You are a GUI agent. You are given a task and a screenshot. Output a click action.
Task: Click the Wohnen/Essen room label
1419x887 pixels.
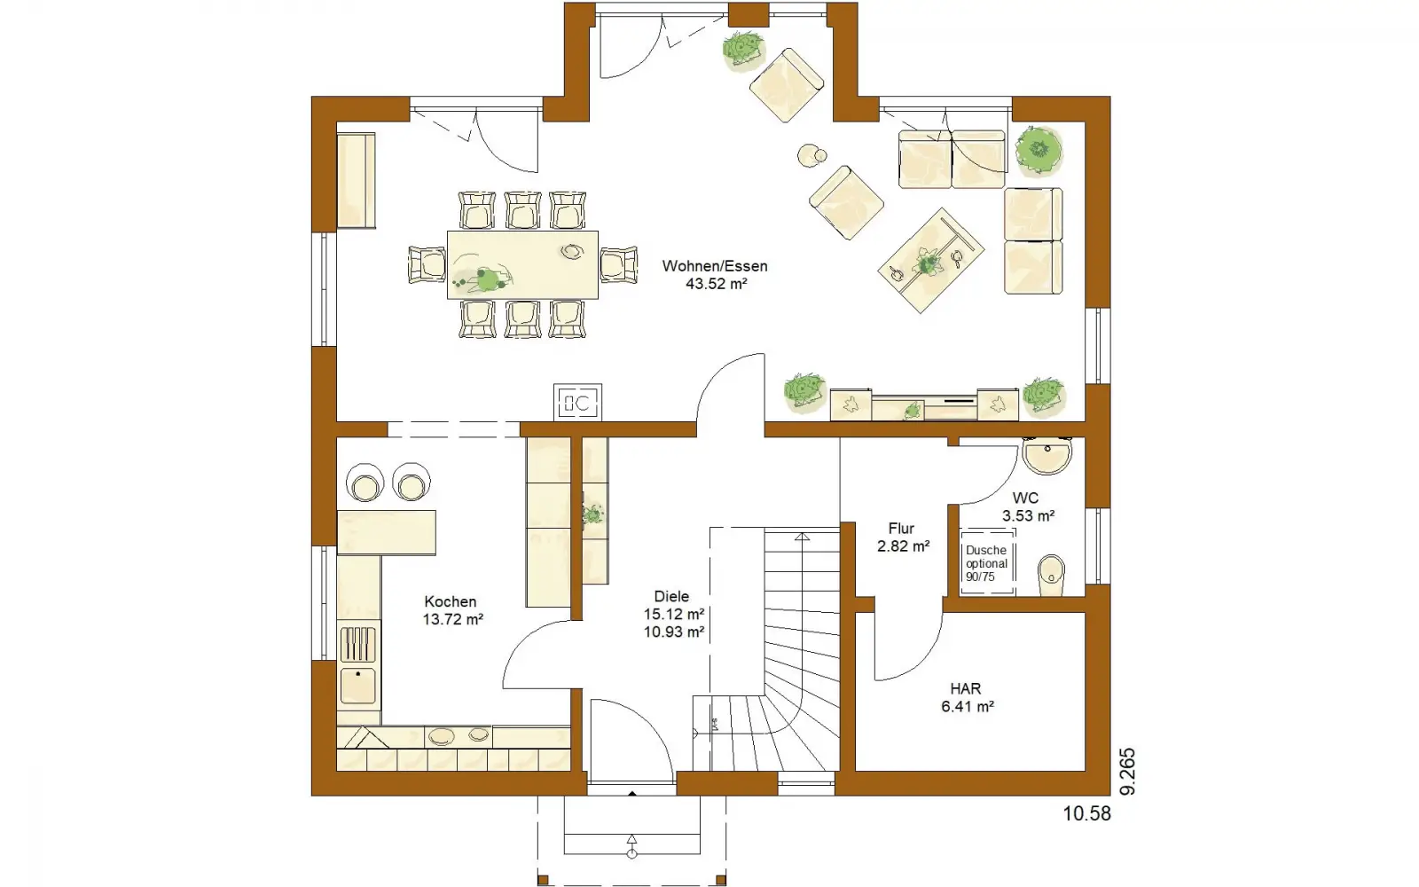[715, 266]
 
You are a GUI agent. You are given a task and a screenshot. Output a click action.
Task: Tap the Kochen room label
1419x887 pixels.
[451, 602]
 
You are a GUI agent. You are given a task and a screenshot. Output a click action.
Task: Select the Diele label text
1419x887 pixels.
[671, 596]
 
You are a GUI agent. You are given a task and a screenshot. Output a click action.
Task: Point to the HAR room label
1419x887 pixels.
[966, 688]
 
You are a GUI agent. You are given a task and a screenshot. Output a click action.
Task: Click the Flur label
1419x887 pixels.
[901, 529]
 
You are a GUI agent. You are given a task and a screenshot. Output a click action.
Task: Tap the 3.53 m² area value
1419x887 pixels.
[1028, 515]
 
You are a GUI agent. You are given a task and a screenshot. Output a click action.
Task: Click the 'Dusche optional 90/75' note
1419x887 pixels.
[986, 563]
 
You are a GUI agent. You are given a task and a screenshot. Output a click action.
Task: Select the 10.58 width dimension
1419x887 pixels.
[1086, 813]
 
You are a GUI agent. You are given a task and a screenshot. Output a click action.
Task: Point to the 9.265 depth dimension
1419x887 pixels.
[1127, 772]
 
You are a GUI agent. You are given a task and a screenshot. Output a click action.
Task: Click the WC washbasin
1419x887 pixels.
[1047, 455]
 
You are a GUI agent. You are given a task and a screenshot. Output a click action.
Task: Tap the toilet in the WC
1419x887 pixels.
[1052, 576]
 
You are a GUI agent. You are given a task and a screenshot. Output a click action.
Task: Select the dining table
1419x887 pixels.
[522, 265]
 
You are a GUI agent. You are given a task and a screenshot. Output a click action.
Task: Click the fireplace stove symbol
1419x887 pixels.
[577, 402]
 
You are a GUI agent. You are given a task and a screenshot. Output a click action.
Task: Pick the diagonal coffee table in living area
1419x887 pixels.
[930, 261]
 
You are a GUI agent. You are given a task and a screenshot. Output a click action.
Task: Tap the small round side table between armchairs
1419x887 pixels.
[811, 156]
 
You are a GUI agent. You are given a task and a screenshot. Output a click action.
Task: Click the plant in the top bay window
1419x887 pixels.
[743, 48]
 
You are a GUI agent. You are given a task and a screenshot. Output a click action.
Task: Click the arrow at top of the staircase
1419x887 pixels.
[802, 537]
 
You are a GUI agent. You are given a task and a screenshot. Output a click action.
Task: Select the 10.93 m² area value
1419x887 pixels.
[673, 632]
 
